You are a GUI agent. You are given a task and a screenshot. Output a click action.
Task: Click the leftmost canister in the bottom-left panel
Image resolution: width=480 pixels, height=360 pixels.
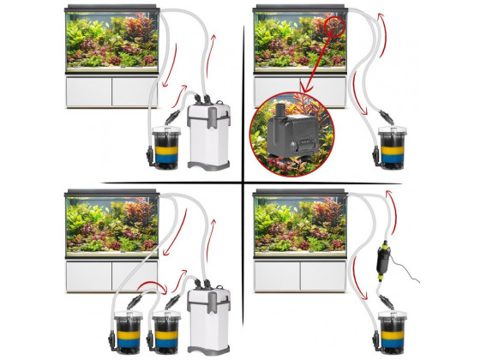click(123, 330)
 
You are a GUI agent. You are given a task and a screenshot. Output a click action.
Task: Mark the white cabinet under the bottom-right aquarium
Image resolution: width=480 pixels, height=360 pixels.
click(299, 275)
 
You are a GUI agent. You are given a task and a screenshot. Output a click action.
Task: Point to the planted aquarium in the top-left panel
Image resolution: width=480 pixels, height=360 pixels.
click(111, 38)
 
